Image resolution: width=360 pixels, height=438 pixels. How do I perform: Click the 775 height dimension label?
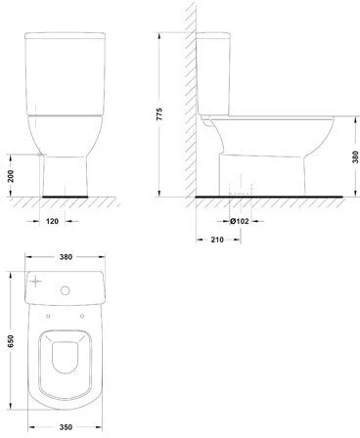pyautogui.click(x=159, y=114)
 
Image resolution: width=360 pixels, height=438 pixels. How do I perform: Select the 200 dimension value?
pyautogui.click(x=11, y=176)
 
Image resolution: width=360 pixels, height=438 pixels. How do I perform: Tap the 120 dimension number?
pyautogui.click(x=52, y=221)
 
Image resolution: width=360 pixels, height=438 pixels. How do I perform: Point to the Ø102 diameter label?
pyautogui.click(x=240, y=221)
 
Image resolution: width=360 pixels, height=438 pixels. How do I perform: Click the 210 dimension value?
pyautogui.click(x=217, y=240)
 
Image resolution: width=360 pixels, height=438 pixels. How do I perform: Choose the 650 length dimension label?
pyautogui.click(x=11, y=341)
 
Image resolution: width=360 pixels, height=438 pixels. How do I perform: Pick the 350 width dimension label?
pyautogui.click(x=66, y=427)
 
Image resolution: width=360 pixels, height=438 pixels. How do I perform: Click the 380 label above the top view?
pyautogui.click(x=66, y=257)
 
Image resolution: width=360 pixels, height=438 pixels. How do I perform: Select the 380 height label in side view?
pyautogui.click(x=356, y=157)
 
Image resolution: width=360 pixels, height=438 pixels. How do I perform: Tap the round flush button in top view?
pyautogui.click(x=66, y=290)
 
